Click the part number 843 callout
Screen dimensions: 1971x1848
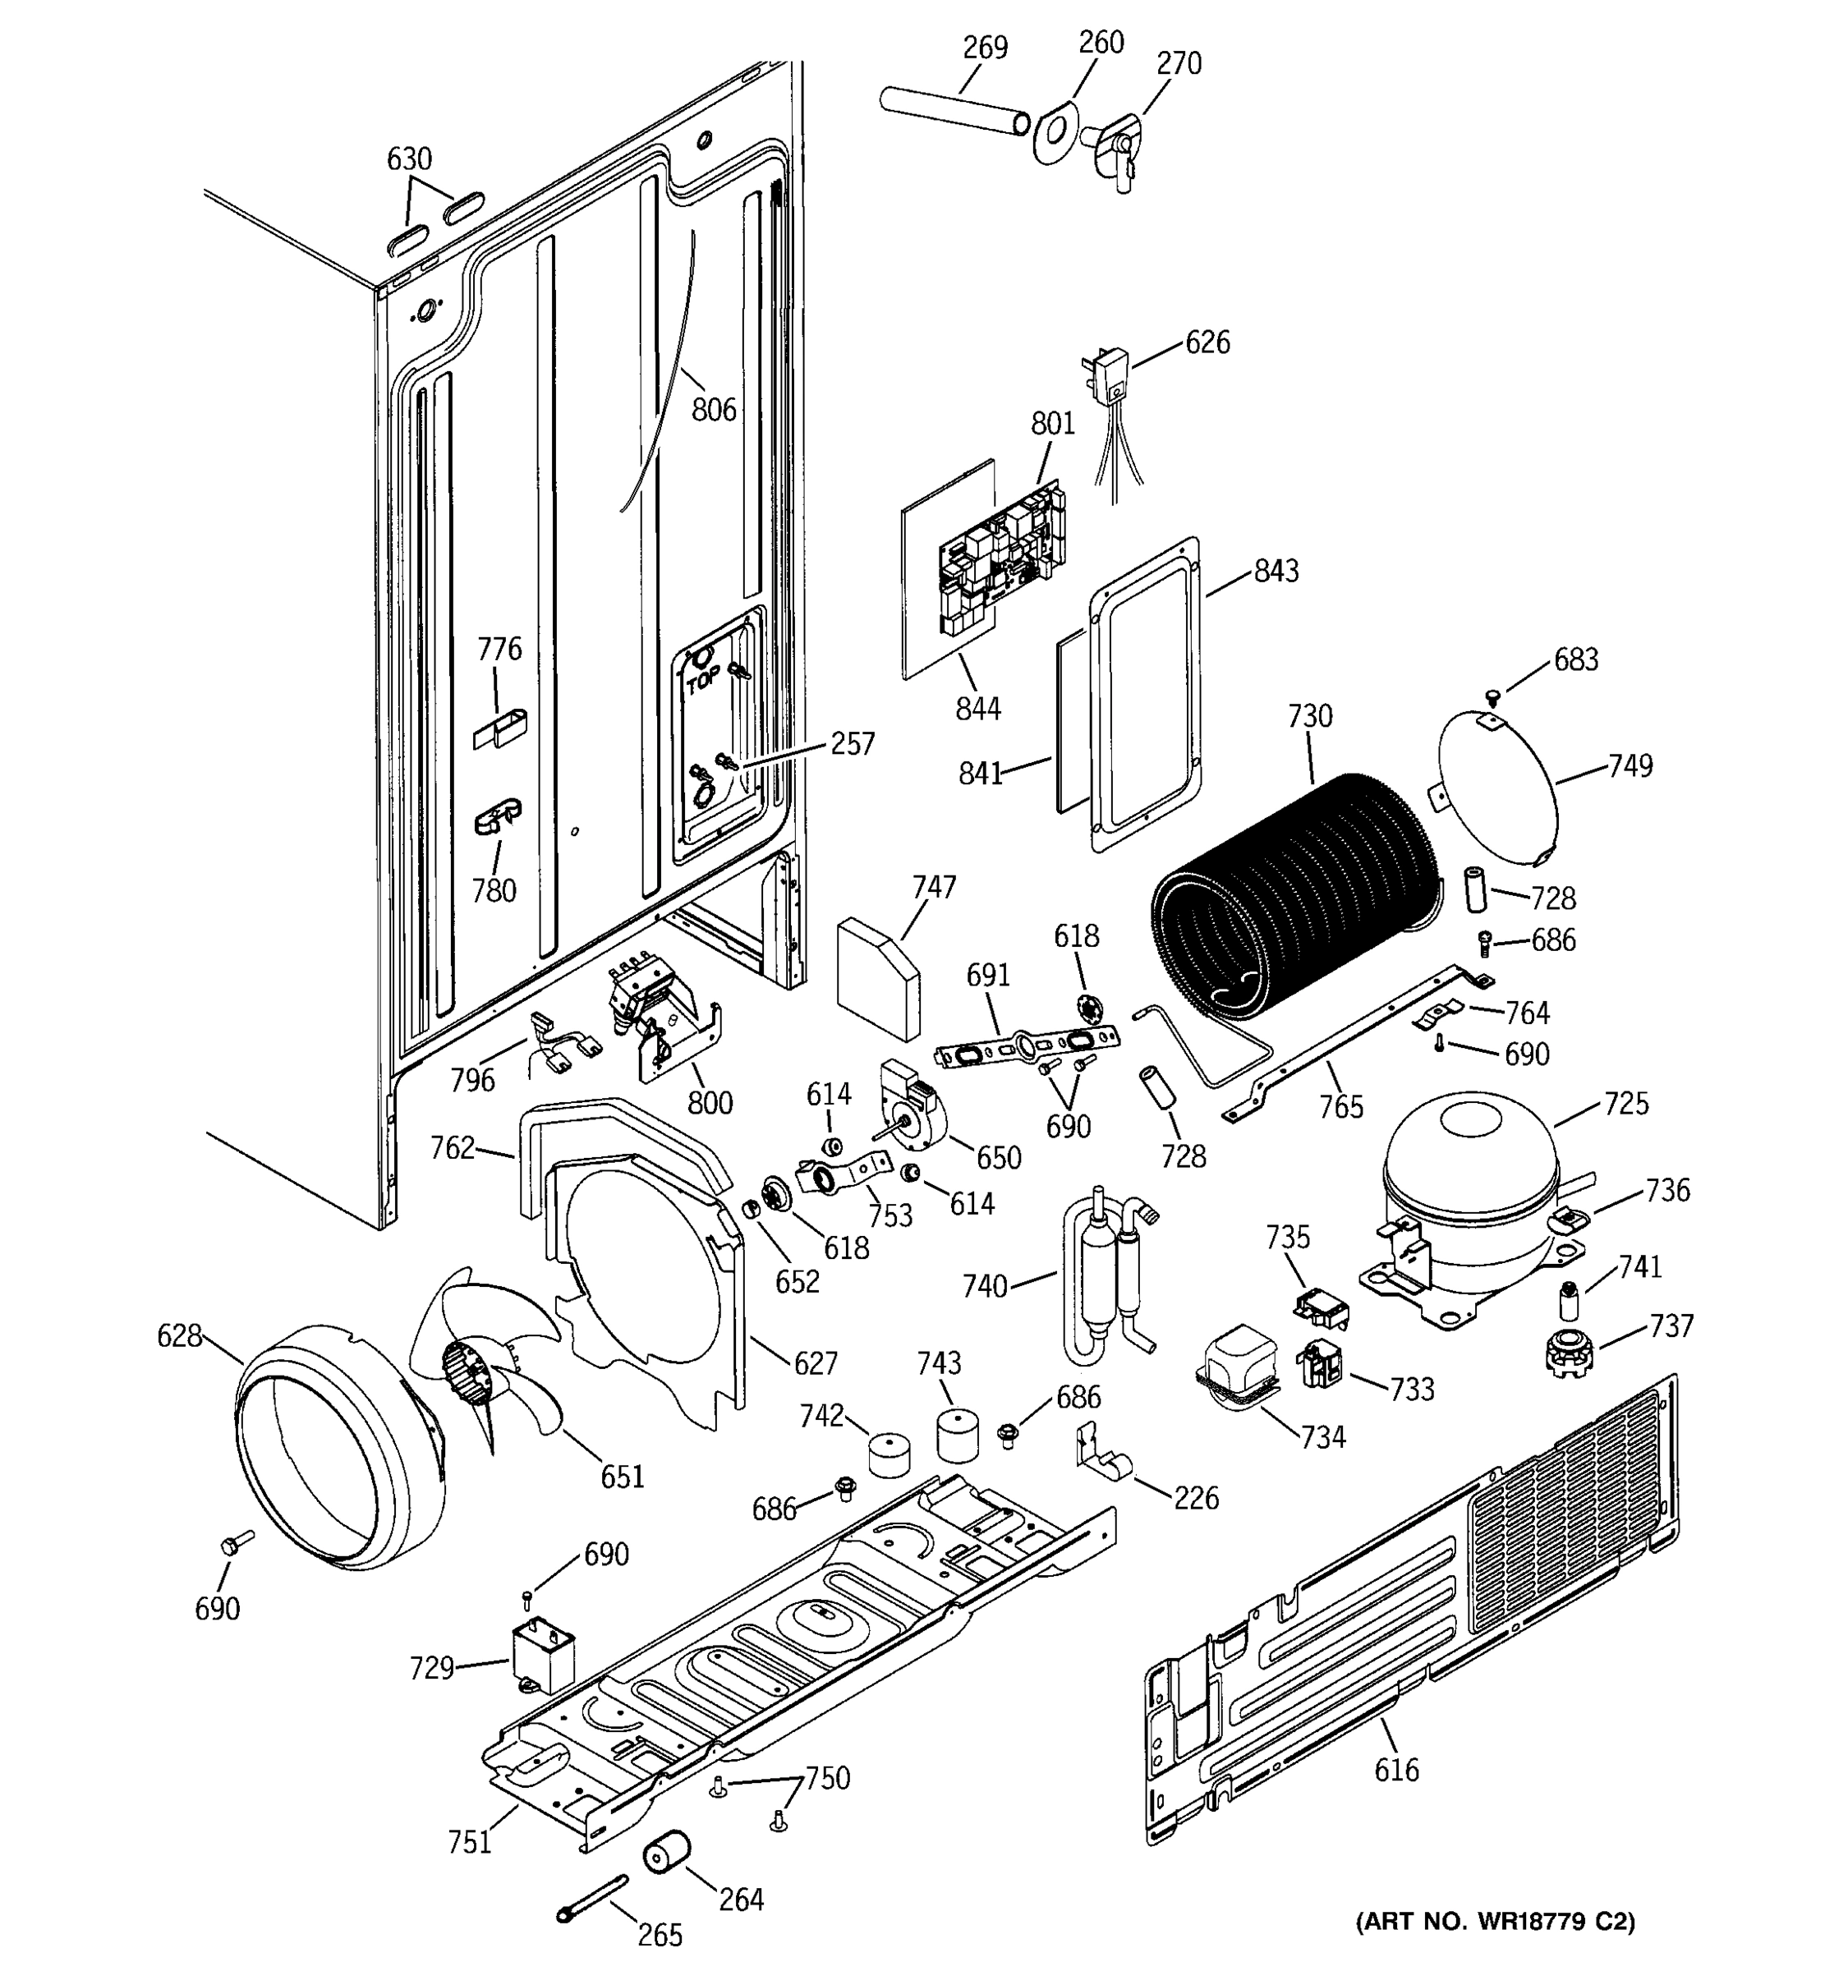tap(1276, 571)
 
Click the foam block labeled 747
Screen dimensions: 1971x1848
tap(877, 976)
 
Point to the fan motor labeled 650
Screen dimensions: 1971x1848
tap(913, 1105)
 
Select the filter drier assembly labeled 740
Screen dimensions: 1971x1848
tap(1106, 1279)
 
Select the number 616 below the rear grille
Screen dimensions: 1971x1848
tap(1396, 1770)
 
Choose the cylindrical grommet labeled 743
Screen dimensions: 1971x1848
tap(957, 1436)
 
